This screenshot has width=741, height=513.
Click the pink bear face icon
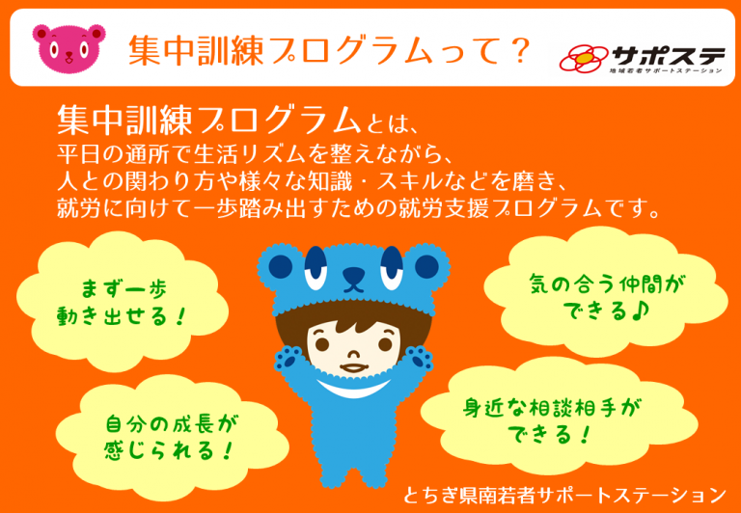click(69, 46)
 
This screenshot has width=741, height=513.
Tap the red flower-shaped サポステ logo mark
click(585, 58)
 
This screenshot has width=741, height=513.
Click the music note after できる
click(641, 310)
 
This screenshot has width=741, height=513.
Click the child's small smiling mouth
click(352, 367)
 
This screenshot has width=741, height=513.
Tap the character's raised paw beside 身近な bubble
click(419, 359)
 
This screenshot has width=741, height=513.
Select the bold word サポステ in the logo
click(668, 57)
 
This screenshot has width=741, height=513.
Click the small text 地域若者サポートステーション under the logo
click(666, 71)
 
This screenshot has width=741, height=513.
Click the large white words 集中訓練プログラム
click(206, 121)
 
